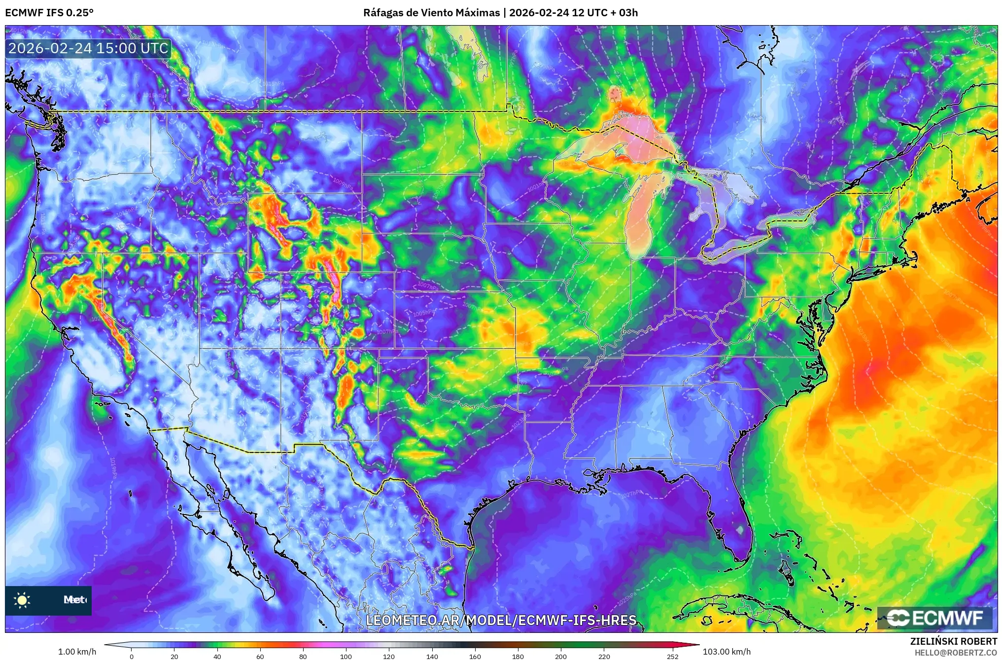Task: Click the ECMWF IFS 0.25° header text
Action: (49, 13)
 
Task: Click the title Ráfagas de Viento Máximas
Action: (431, 13)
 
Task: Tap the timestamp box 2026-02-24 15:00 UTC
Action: (89, 48)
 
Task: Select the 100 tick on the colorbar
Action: (346, 656)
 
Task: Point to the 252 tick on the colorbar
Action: (673, 656)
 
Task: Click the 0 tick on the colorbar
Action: (132, 656)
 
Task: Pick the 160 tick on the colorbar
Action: (475, 656)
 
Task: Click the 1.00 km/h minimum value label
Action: (77, 652)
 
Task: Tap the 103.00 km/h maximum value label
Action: (726, 652)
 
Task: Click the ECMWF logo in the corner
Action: (934, 618)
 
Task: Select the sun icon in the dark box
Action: (22, 600)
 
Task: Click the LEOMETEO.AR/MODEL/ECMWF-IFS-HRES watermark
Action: (501, 620)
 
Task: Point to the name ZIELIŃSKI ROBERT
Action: (953, 641)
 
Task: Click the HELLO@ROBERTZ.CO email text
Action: (956, 653)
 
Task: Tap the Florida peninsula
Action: (734, 522)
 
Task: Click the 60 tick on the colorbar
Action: (260, 656)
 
